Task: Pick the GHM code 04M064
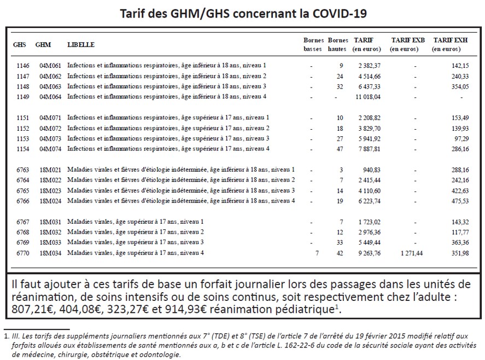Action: click(x=51, y=97)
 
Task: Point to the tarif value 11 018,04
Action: click(x=367, y=97)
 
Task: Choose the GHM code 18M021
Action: click(x=51, y=170)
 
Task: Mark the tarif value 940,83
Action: click(x=371, y=170)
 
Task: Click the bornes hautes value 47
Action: click(x=340, y=149)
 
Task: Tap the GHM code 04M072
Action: click(x=51, y=128)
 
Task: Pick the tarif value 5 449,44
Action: click(x=368, y=242)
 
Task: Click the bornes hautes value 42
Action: click(x=340, y=253)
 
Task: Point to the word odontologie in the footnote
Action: click(x=160, y=355)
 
